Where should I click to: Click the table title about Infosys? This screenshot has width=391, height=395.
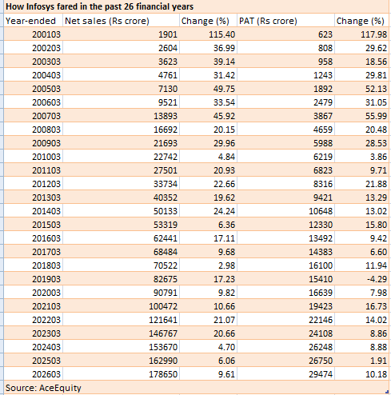point(99,6)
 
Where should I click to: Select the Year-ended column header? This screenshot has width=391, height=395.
point(30,21)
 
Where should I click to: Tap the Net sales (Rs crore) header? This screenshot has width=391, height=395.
point(107,21)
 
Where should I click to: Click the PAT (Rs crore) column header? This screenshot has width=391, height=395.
point(268,21)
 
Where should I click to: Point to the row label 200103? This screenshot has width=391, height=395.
point(46,34)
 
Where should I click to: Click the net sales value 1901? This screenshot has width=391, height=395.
point(168,34)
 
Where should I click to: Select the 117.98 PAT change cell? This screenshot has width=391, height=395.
point(373,34)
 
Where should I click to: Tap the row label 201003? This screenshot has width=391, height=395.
point(46,157)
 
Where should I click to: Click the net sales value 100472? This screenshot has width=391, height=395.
point(163,306)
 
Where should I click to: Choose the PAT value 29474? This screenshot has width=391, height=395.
point(321,374)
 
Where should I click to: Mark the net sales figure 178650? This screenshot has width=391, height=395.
point(163,374)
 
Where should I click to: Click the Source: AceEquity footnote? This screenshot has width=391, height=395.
point(43,388)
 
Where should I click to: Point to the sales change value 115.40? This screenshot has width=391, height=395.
point(221,34)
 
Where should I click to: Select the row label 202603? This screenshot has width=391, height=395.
point(46,374)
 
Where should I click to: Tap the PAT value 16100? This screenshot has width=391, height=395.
point(321,265)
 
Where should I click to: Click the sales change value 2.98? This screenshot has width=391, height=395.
point(226,265)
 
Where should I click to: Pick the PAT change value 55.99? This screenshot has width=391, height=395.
point(376,116)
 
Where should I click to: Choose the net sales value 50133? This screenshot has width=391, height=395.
point(166,211)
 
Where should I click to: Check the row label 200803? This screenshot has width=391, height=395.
point(46,130)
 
